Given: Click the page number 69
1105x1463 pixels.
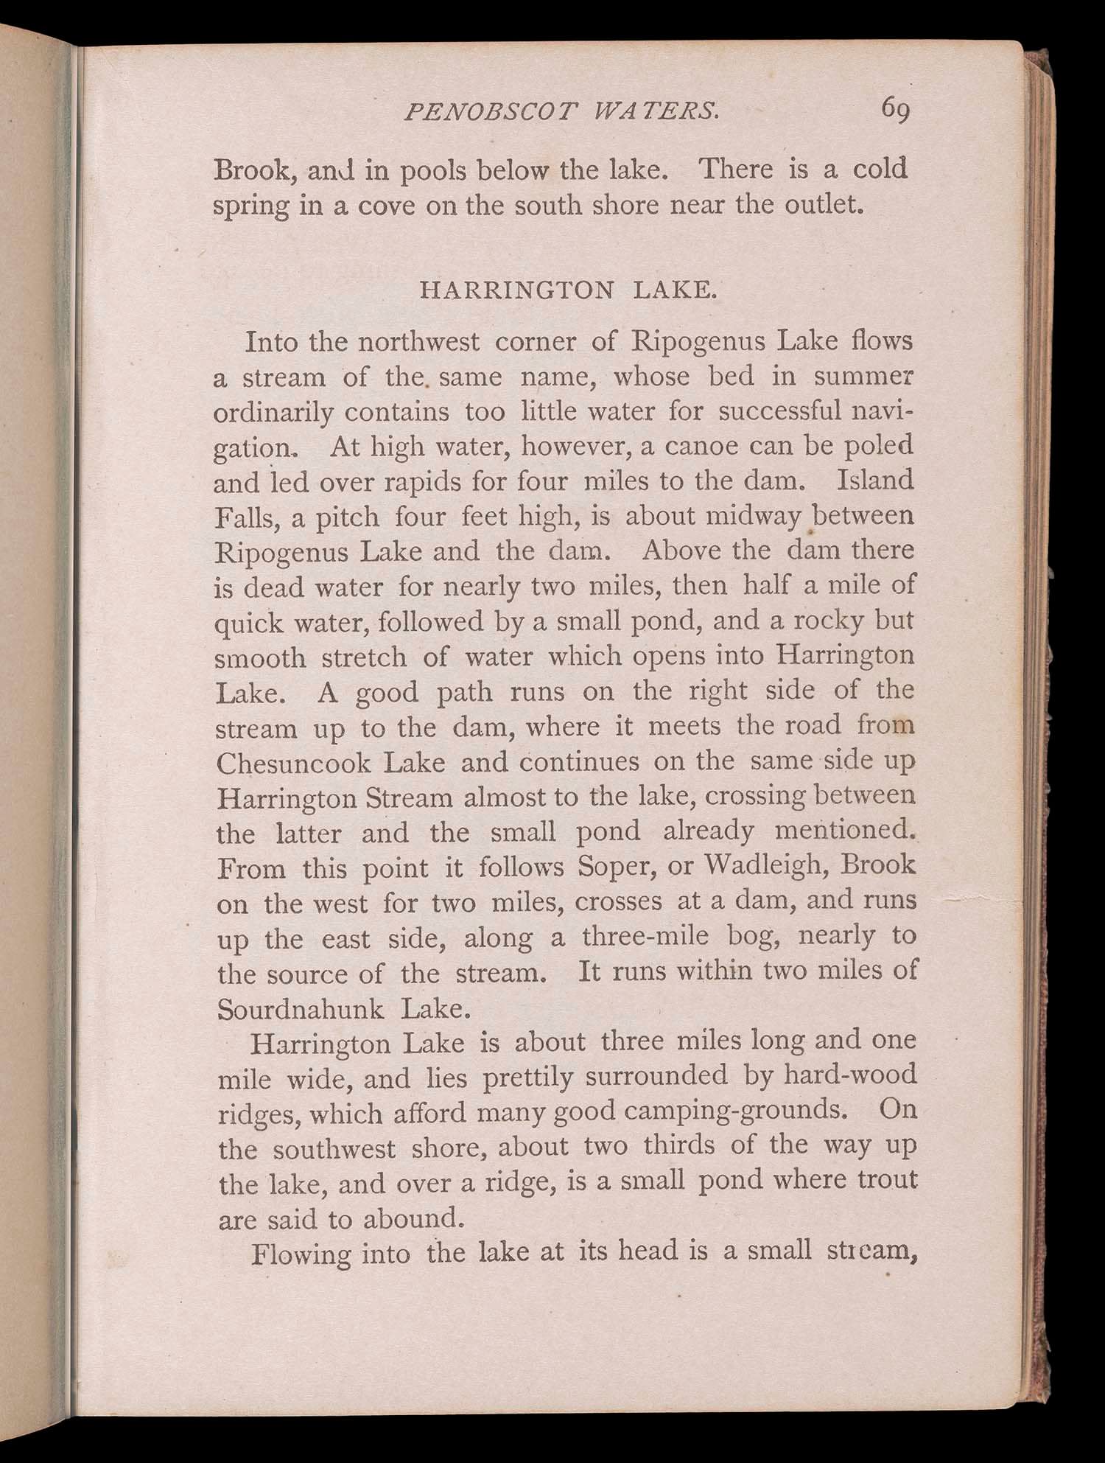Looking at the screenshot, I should [895, 111].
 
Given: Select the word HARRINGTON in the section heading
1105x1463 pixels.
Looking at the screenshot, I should [516, 290].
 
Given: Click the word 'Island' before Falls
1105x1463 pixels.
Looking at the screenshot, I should [875, 481].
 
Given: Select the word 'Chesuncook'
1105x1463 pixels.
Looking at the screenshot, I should [294, 762].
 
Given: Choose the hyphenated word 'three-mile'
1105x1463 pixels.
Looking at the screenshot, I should [645, 936].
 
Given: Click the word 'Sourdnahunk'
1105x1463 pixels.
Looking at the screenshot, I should [301, 1008].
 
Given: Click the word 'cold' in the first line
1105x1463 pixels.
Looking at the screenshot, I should [880, 170].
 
